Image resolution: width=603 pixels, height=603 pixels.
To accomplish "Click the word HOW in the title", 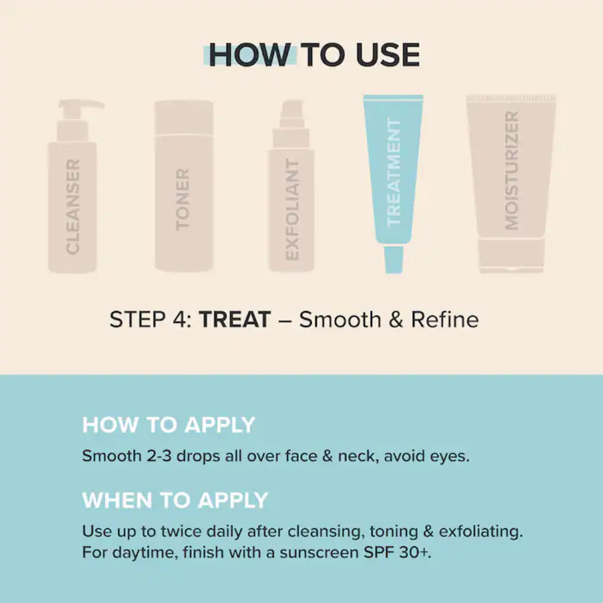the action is pyautogui.click(x=250, y=55).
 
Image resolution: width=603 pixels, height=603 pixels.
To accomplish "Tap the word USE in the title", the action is pyautogui.click(x=388, y=55).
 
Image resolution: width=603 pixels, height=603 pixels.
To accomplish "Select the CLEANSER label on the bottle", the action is pyautogui.click(x=73, y=206).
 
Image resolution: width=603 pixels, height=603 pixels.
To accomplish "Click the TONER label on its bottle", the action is pyautogui.click(x=183, y=200).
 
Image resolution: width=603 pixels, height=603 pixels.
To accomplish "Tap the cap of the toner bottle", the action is pyautogui.click(x=184, y=118).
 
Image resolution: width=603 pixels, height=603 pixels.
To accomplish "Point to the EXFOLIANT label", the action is pyautogui.click(x=292, y=210).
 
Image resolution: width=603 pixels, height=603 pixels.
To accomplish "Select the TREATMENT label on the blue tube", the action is pyautogui.click(x=393, y=172).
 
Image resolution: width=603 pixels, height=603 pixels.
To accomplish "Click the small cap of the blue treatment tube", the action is pyautogui.click(x=394, y=259).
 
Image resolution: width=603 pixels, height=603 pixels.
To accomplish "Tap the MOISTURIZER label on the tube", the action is pyautogui.click(x=511, y=171).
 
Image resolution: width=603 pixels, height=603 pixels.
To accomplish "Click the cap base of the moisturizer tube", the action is pyautogui.click(x=511, y=255).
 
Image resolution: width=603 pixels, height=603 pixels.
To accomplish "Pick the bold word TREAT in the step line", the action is pyautogui.click(x=235, y=319).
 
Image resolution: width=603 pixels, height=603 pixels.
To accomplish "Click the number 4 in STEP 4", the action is pyautogui.click(x=179, y=319).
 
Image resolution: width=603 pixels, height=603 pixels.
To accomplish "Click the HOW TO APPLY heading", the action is pyautogui.click(x=168, y=425).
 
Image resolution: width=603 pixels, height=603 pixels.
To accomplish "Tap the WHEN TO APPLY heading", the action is pyautogui.click(x=175, y=500).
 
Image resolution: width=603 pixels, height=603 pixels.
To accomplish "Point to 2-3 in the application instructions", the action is pyautogui.click(x=159, y=456).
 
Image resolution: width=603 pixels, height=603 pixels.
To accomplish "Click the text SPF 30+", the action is pyautogui.click(x=397, y=552).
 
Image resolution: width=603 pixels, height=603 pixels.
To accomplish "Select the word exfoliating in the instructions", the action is pyautogui.click(x=481, y=531).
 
